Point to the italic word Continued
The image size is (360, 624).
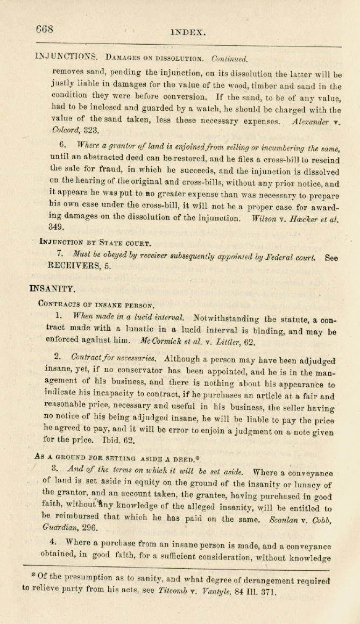(229, 58)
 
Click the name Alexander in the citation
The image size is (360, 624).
(310, 122)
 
